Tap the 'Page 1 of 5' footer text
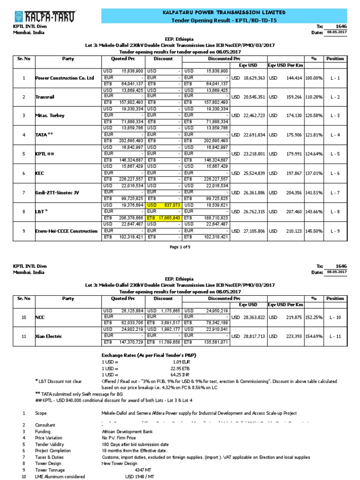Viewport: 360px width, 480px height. [180, 247]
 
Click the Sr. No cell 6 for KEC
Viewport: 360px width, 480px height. [23, 172]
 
